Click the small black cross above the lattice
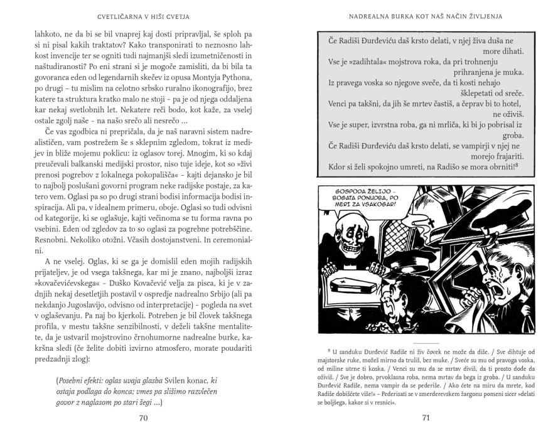pyautogui.click(x=465, y=208)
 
